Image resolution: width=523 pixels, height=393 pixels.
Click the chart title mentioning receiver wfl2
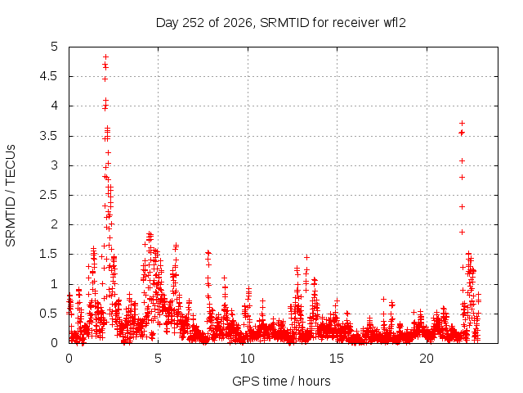tap(280, 23)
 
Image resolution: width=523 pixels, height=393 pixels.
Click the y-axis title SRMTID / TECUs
tap(11, 196)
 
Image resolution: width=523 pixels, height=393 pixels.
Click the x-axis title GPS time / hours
tap(281, 381)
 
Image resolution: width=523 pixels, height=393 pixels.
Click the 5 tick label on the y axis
tap(55, 47)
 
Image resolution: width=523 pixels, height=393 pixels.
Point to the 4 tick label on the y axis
tap(55, 106)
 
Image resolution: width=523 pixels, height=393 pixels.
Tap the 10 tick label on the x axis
tap(248, 359)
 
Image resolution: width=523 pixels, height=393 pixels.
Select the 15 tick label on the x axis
tap(337, 359)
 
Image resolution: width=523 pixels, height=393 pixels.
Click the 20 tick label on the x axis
tap(427, 359)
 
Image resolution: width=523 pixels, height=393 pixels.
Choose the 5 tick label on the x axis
tap(158, 359)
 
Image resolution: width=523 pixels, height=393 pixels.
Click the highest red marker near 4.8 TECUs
tap(105, 56)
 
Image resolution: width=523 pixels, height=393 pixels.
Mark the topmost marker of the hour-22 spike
tap(462, 124)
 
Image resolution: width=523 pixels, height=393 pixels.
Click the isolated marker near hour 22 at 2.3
tap(462, 207)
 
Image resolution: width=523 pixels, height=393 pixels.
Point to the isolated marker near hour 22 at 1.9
tap(462, 232)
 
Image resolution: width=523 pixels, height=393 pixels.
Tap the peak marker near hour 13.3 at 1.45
tap(306, 257)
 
